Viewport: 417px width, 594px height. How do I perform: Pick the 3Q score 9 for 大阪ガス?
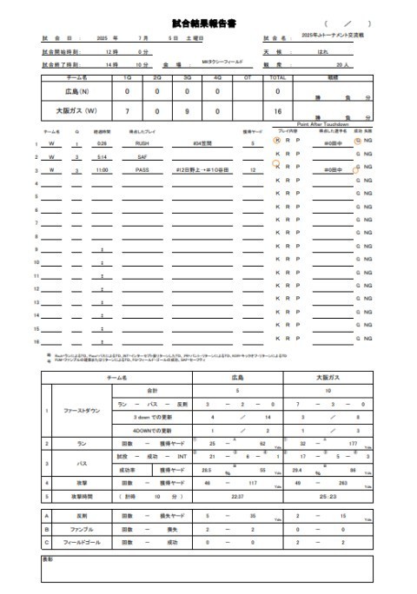click(x=187, y=111)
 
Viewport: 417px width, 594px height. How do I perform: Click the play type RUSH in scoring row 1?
click(x=142, y=142)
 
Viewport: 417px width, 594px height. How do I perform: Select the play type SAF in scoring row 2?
click(x=142, y=156)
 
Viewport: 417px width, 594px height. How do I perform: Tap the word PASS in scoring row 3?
click(x=142, y=170)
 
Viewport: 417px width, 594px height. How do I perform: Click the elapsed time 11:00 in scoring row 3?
click(x=103, y=170)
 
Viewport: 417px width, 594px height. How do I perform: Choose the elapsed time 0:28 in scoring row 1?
click(x=103, y=142)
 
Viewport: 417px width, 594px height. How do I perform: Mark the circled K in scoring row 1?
click(x=276, y=142)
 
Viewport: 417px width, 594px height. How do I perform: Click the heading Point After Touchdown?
click(x=321, y=124)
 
